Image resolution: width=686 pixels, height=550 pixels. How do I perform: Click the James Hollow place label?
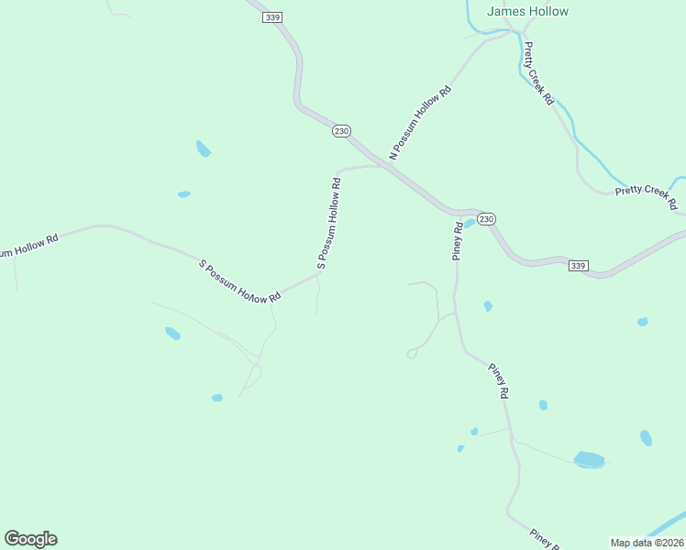coord(527,12)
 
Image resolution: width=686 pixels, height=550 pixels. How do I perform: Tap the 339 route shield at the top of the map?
coord(271,17)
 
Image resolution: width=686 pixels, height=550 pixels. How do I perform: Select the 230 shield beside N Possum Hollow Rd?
coord(341,131)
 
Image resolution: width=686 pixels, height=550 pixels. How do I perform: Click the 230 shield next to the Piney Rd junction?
coord(486,218)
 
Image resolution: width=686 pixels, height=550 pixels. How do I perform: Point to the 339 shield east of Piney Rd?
coord(577,266)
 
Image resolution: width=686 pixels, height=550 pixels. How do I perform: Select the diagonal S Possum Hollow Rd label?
coord(239,282)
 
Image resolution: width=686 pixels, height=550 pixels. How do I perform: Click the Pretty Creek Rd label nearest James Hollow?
coord(538,72)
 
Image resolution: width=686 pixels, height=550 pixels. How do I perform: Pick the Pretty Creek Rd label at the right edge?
coord(646,195)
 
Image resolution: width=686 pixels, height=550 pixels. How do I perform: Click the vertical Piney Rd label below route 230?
coord(457,241)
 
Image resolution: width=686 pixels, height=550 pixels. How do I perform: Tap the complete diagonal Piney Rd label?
coord(498,379)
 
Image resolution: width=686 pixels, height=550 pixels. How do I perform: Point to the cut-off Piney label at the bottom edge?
coord(545,539)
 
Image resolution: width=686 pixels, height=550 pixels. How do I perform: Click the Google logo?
coord(30,539)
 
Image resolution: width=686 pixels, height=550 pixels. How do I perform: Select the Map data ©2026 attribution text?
coord(647,542)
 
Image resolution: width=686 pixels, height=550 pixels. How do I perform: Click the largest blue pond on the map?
coord(589,458)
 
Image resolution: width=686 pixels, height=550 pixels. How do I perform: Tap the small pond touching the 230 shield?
coord(470,223)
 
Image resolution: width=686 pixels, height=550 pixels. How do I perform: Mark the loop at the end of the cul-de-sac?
coord(412,354)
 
